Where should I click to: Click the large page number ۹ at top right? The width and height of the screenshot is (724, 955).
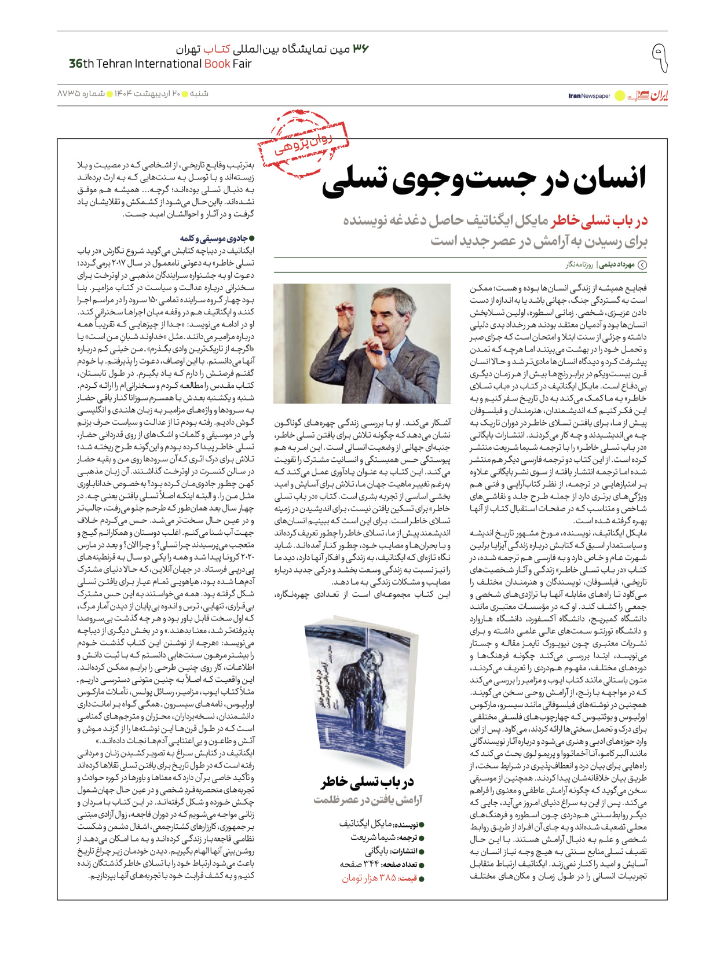[659, 57]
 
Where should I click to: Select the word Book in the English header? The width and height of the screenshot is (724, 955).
[217, 64]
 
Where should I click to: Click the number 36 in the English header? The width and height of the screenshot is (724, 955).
[76, 64]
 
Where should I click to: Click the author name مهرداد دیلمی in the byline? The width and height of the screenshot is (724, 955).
[616, 265]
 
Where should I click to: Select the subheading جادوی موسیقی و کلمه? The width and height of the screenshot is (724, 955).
[217, 238]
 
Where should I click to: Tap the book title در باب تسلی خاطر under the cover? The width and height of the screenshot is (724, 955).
[368, 783]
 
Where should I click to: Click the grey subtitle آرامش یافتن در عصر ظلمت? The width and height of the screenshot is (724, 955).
[368, 800]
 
